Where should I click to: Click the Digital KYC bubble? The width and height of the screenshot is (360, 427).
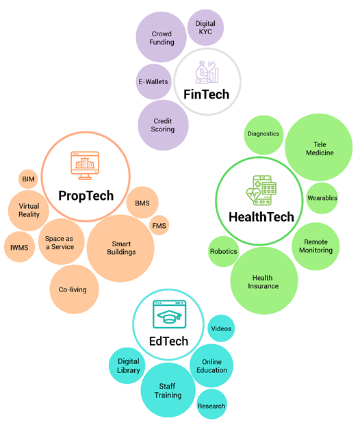205,27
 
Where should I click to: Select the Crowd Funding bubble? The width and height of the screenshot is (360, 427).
162,37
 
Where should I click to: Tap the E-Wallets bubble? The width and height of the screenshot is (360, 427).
153,81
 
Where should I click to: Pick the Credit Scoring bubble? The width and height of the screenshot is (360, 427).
163,125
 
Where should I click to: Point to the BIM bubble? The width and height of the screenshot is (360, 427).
28,179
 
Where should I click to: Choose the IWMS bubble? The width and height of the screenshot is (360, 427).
19,247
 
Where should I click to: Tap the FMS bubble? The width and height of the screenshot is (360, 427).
159,225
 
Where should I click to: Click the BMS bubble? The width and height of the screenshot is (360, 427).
142,203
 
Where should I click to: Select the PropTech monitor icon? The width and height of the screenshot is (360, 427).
85,166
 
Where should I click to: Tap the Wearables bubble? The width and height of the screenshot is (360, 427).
322,198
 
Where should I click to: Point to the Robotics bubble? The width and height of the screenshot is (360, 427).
224,251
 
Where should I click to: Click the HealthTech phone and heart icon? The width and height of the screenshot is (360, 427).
261,190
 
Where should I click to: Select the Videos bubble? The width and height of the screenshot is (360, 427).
221,328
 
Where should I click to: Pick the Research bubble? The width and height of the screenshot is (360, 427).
211,404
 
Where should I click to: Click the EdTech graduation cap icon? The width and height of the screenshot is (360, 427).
169,314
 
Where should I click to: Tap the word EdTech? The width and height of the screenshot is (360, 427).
168,341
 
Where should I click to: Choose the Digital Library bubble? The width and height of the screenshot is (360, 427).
128,365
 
